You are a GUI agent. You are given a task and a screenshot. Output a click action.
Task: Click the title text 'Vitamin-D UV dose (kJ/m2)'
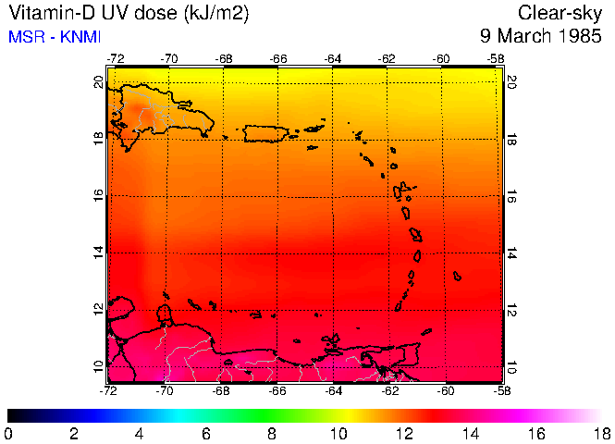pos(128,14)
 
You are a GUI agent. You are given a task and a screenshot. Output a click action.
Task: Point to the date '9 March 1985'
pos(541,37)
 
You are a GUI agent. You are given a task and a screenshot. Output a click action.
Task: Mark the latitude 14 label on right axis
pos(512,253)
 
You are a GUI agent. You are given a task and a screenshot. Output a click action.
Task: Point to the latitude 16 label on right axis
pos(512,196)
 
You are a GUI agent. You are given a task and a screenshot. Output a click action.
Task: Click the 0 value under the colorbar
pos(8,433)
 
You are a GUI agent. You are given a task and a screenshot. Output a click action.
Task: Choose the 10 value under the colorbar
pos(338,433)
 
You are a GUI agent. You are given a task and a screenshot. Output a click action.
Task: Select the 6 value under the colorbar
pos(206,433)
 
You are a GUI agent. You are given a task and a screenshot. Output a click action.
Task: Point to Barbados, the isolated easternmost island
pos(457,276)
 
